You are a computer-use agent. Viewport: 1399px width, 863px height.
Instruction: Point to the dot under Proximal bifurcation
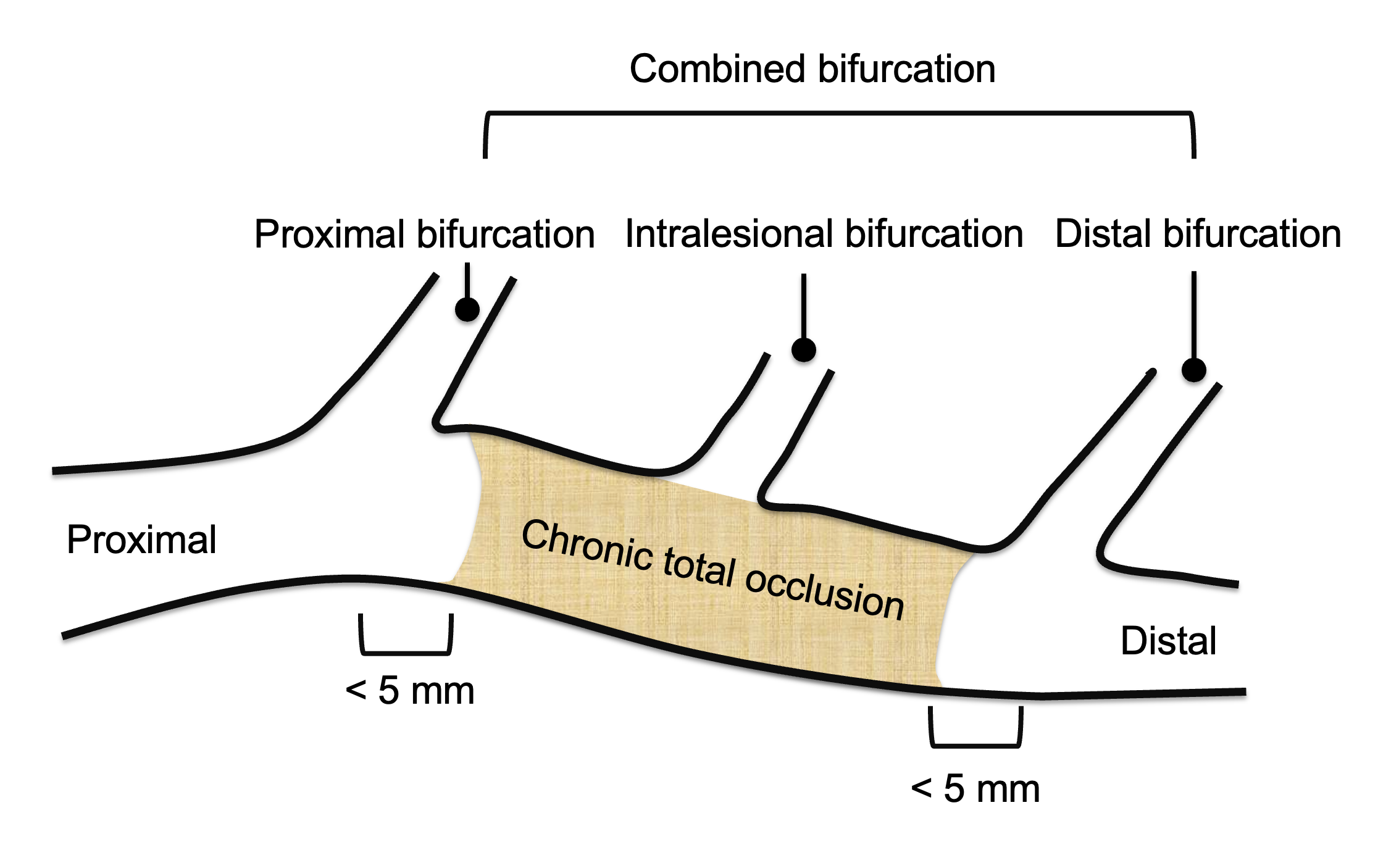click(x=467, y=309)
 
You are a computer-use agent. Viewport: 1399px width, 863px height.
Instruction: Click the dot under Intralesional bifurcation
click(x=803, y=349)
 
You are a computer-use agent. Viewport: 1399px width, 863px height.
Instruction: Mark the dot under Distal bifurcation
click(x=1193, y=370)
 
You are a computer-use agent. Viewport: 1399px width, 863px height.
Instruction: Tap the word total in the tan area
click(x=699, y=568)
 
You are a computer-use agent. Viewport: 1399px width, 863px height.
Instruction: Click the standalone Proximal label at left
click(x=141, y=540)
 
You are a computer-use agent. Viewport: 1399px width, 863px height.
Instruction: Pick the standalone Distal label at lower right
click(x=1168, y=641)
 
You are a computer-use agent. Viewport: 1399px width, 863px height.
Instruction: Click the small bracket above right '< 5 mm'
click(x=975, y=745)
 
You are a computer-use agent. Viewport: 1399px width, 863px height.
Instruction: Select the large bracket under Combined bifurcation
click(x=840, y=114)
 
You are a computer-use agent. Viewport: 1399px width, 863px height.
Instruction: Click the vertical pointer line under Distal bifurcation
click(x=1193, y=315)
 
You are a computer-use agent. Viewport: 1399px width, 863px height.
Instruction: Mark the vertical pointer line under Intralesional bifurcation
click(x=803, y=306)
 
